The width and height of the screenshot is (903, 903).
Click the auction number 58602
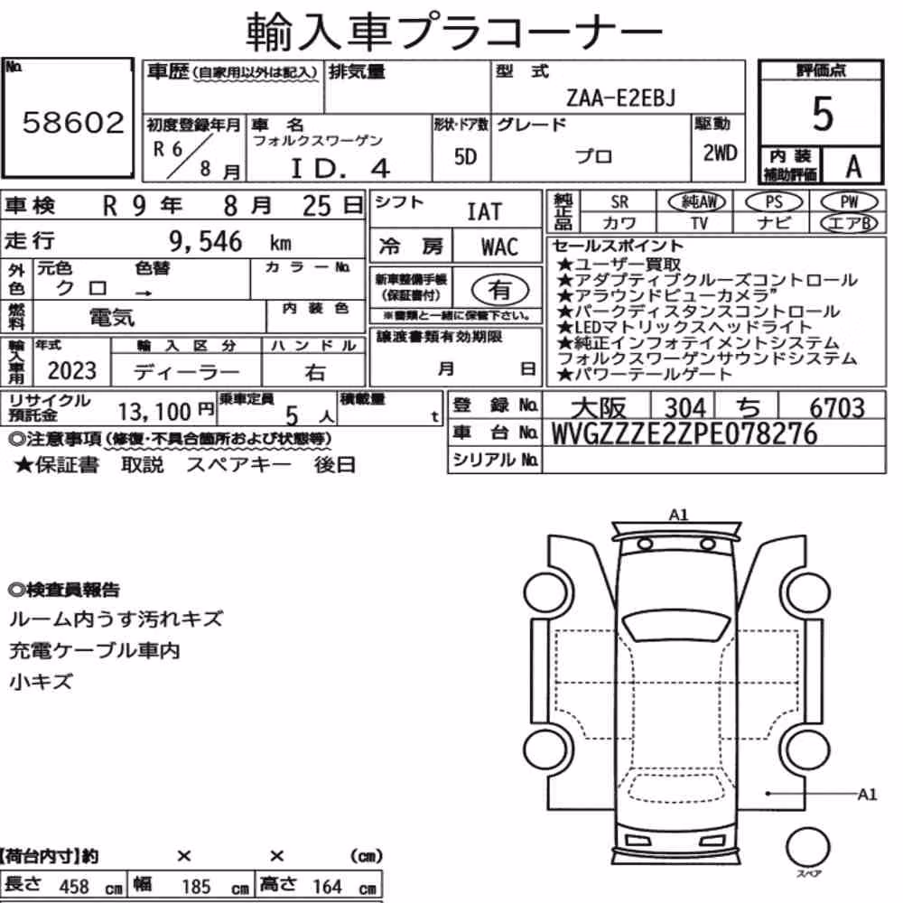click(x=73, y=123)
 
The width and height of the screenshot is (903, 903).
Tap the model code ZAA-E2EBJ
click(x=620, y=98)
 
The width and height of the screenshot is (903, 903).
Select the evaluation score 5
click(x=823, y=114)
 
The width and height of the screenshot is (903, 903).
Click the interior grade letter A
click(x=853, y=167)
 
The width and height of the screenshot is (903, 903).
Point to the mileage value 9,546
click(x=206, y=241)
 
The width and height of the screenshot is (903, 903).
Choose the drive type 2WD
click(x=720, y=154)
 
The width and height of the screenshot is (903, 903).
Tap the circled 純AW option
click(x=697, y=202)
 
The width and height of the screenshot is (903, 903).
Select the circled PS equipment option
click(x=774, y=202)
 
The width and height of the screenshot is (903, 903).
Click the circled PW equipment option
click(x=850, y=202)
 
